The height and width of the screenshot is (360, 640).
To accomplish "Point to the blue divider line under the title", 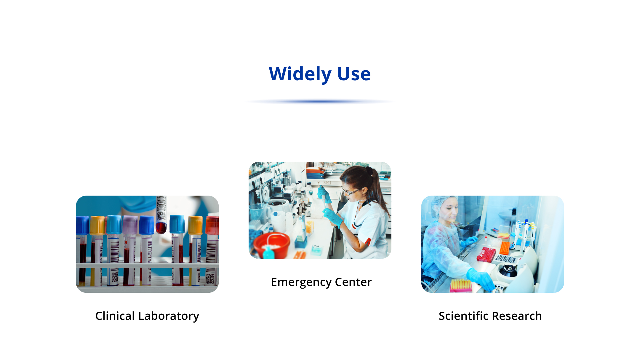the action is click(x=320, y=102).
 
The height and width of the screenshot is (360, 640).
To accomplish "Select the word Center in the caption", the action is click(x=353, y=282).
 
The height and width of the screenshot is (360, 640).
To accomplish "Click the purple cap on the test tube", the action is click(x=130, y=225).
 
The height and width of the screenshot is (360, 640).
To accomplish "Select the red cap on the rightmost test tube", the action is click(x=212, y=225).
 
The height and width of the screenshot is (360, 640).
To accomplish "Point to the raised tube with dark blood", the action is click(x=161, y=215).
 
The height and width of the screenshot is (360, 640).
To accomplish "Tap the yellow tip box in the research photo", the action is click(x=461, y=285).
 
